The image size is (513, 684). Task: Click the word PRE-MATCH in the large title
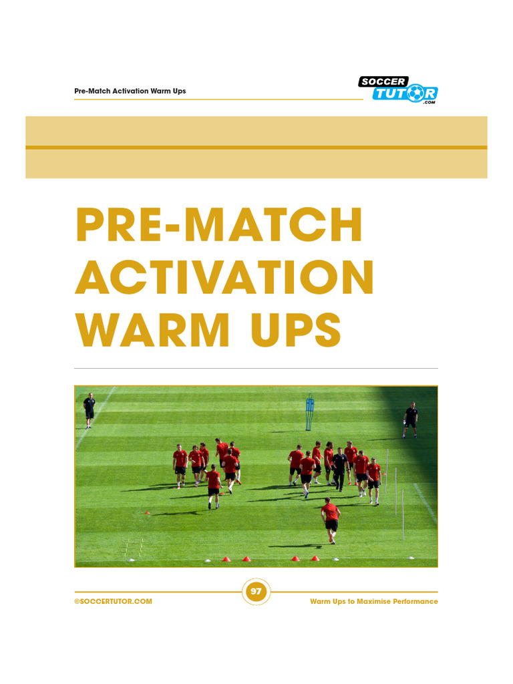tap(220, 226)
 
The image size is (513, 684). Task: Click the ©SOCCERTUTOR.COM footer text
tap(114, 602)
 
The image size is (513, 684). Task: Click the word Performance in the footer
tap(415, 602)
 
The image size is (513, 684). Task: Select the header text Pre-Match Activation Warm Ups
tap(130, 91)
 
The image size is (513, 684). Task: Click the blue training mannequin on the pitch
tap(309, 412)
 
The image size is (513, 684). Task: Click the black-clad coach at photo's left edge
tap(90, 409)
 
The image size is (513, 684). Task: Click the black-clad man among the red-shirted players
tap(340, 468)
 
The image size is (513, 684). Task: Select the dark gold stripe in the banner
tap(256, 147)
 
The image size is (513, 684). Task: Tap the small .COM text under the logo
tap(429, 103)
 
